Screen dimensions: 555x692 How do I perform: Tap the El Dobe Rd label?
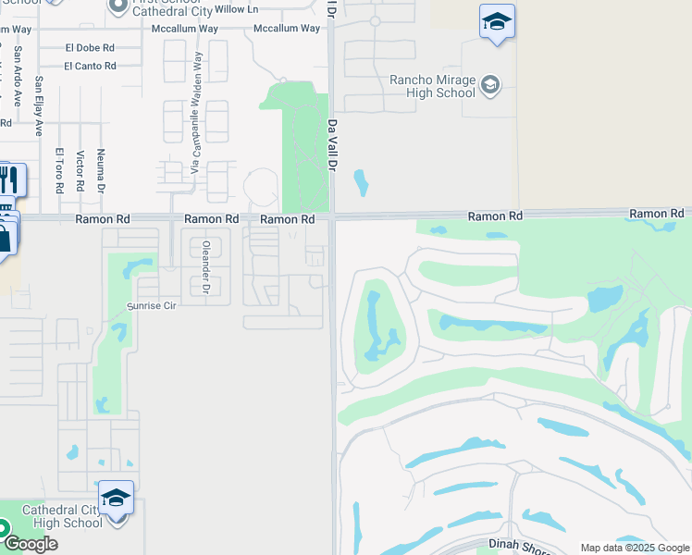coord(90,47)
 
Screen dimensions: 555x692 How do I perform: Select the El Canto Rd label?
coord(90,66)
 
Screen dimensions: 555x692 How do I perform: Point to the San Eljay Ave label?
coord(40,105)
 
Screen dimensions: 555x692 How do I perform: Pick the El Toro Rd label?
coord(58,170)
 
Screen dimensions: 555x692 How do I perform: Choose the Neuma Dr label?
coord(101,170)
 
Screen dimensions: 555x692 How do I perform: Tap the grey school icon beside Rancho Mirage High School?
coord(489,86)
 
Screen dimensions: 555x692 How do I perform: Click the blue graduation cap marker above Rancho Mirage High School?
coord(497,22)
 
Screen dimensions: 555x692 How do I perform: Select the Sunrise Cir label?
coord(151,305)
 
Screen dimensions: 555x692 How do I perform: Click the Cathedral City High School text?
coord(62,516)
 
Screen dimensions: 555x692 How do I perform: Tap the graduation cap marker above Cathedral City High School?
coord(117,499)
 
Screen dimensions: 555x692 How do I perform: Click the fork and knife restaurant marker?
coord(8,179)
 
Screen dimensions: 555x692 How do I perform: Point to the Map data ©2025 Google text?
coord(635,548)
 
